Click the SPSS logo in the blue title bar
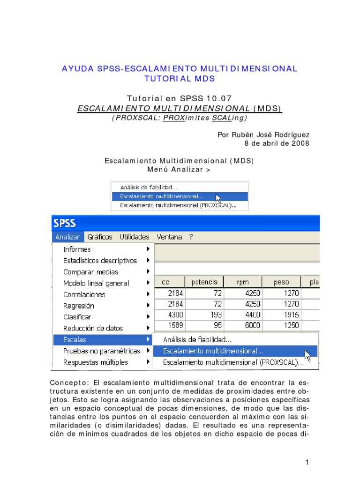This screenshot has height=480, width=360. click(65, 223)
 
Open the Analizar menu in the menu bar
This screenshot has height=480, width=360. click(67, 237)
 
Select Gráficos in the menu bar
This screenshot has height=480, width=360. click(100, 237)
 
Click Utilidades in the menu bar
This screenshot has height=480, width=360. click(134, 237)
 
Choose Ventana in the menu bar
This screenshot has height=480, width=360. click(169, 237)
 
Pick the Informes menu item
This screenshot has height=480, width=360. click(77, 249)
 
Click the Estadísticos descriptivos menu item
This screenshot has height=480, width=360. click(100, 261)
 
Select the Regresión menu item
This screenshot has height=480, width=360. click(79, 306)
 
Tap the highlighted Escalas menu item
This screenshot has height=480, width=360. click(75, 339)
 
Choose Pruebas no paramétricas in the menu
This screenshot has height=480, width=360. click(102, 351)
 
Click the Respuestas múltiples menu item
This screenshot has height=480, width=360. click(96, 362)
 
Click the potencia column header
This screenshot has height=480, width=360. click(204, 282)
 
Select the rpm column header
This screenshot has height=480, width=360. click(243, 282)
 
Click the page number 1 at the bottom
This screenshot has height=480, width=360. click(307, 463)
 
